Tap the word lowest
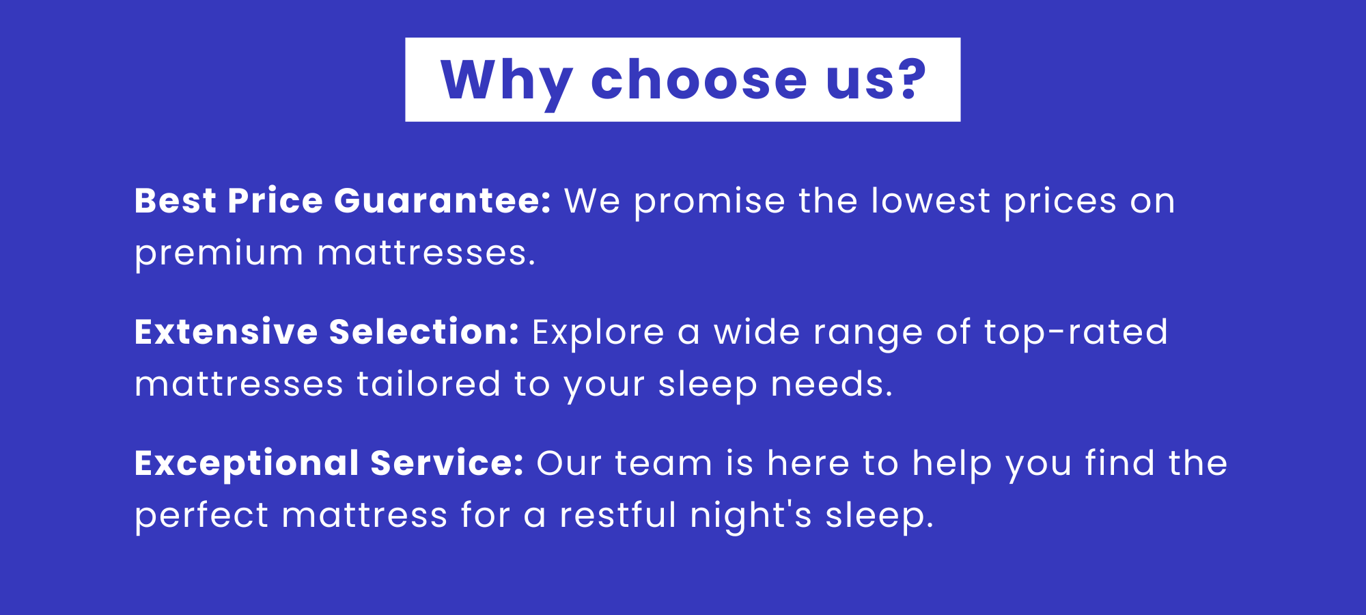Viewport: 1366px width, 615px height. (x=930, y=201)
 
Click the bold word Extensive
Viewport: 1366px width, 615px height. (x=226, y=332)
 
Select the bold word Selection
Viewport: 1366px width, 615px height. (x=424, y=332)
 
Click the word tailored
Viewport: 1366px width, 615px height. (x=429, y=384)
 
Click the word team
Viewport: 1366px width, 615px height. (x=664, y=465)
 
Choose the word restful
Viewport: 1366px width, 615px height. (x=618, y=515)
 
